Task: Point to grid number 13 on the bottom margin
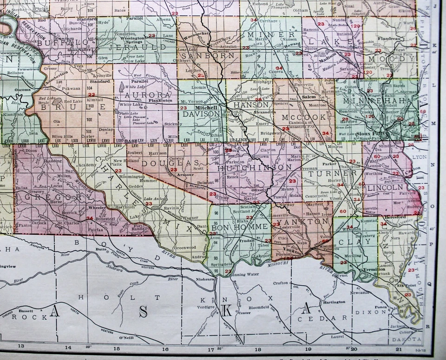coord(21,346)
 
